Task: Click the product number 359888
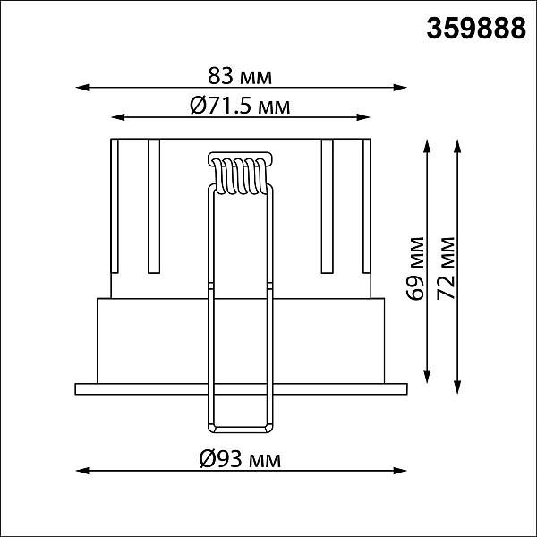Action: click(476, 29)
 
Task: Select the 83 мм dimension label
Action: click(240, 76)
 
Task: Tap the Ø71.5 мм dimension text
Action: click(240, 106)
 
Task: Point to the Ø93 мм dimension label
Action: click(240, 459)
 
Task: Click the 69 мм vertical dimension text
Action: click(415, 268)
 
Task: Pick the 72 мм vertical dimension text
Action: click(446, 268)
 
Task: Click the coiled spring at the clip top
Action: click(241, 176)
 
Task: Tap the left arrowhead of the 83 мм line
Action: click(82, 88)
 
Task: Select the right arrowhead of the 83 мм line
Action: click(400, 88)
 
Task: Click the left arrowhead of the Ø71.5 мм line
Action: click(118, 117)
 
